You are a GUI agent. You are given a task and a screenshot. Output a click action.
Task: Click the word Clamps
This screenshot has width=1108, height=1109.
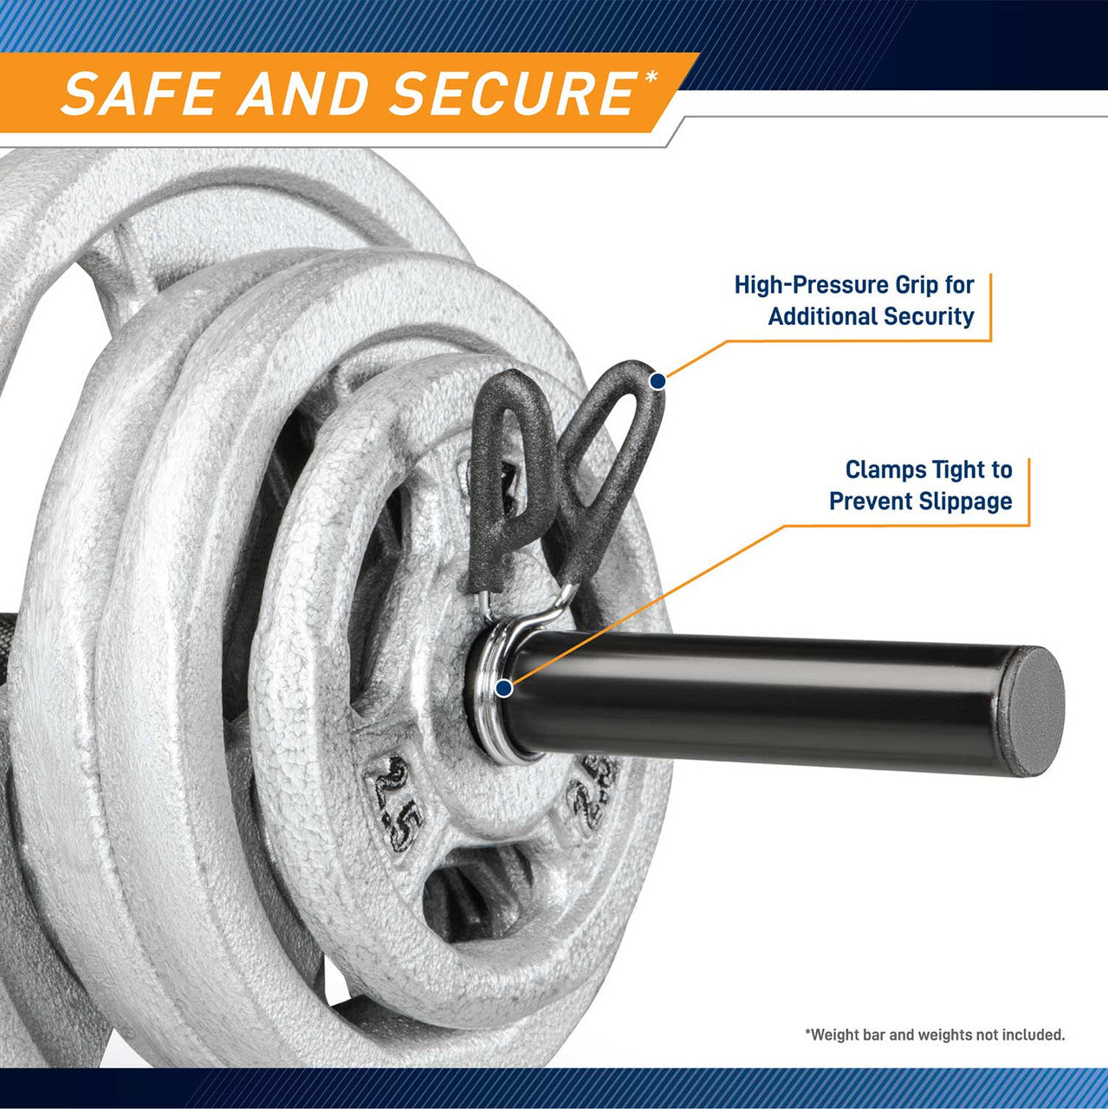[x=884, y=470]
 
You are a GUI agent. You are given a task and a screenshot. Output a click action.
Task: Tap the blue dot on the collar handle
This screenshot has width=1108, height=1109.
[x=658, y=379]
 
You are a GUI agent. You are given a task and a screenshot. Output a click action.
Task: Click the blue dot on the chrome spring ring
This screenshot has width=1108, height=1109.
[x=503, y=689]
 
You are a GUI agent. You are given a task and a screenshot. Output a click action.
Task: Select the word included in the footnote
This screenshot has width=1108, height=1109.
[x=1035, y=1034]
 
